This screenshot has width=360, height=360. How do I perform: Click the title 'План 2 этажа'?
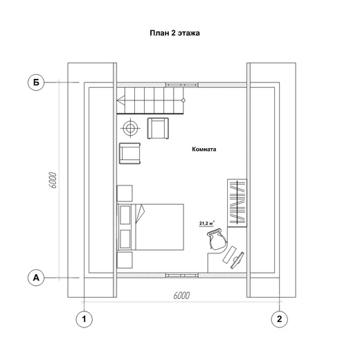point(174,33)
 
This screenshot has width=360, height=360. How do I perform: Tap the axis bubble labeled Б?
point(36,82)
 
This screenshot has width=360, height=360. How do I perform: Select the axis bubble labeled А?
point(36,278)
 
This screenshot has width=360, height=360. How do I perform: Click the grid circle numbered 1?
point(84,319)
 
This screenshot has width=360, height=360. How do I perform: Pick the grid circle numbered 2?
point(279,319)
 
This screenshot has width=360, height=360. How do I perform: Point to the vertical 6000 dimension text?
point(53,180)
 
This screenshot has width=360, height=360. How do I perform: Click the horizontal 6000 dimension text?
point(181,296)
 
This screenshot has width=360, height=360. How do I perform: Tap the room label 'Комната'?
point(204,149)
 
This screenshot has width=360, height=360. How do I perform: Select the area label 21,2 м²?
point(206,223)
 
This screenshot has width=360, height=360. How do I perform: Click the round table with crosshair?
point(131,128)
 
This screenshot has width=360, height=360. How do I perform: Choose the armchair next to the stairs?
point(158,128)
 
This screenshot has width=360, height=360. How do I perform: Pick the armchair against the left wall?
point(129,153)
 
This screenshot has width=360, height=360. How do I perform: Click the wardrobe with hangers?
point(237,203)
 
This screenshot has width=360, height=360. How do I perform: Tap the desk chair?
point(217,240)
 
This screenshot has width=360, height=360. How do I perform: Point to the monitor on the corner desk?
point(237,260)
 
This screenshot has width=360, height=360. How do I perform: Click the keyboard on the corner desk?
point(229,254)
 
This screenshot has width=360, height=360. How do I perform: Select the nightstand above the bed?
point(125,193)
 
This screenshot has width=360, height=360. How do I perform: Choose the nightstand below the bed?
point(125,260)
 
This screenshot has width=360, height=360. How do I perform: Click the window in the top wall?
point(182,85)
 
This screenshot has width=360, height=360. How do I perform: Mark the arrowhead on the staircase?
point(120,100)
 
